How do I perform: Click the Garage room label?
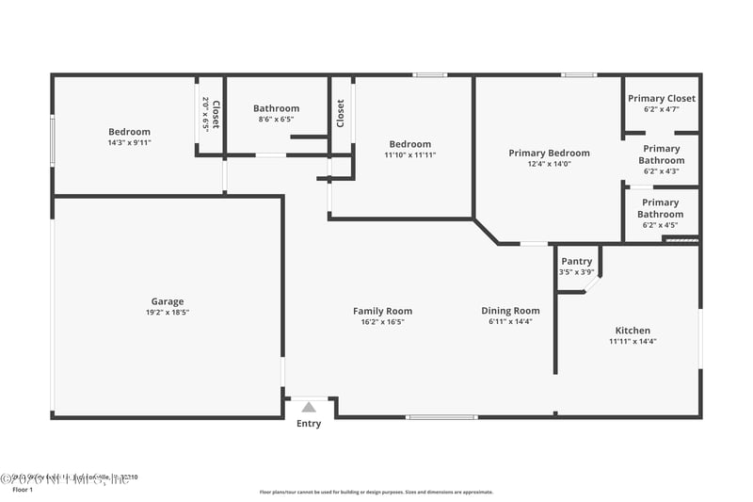tap(168, 302)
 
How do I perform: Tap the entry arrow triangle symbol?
tap(309, 407)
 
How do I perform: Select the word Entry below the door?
tap(309, 424)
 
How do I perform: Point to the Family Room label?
tap(382, 311)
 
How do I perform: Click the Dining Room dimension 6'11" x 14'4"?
tap(511, 322)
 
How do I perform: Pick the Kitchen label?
tap(633, 331)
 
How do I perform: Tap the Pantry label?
tap(576, 261)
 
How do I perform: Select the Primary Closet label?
tap(662, 98)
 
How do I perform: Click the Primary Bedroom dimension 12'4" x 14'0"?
tap(549, 164)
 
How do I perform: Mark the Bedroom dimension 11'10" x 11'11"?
tap(409, 154)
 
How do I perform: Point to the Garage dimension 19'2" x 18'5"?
tap(168, 313)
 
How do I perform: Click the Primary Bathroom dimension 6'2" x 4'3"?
tap(662, 171)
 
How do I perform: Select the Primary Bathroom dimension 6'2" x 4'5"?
tap(660, 225)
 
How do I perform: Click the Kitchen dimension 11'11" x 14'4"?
tap(633, 341)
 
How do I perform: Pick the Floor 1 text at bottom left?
tap(22, 490)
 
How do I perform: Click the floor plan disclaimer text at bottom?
tap(376, 492)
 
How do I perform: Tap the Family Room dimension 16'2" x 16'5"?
tap(382, 322)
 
